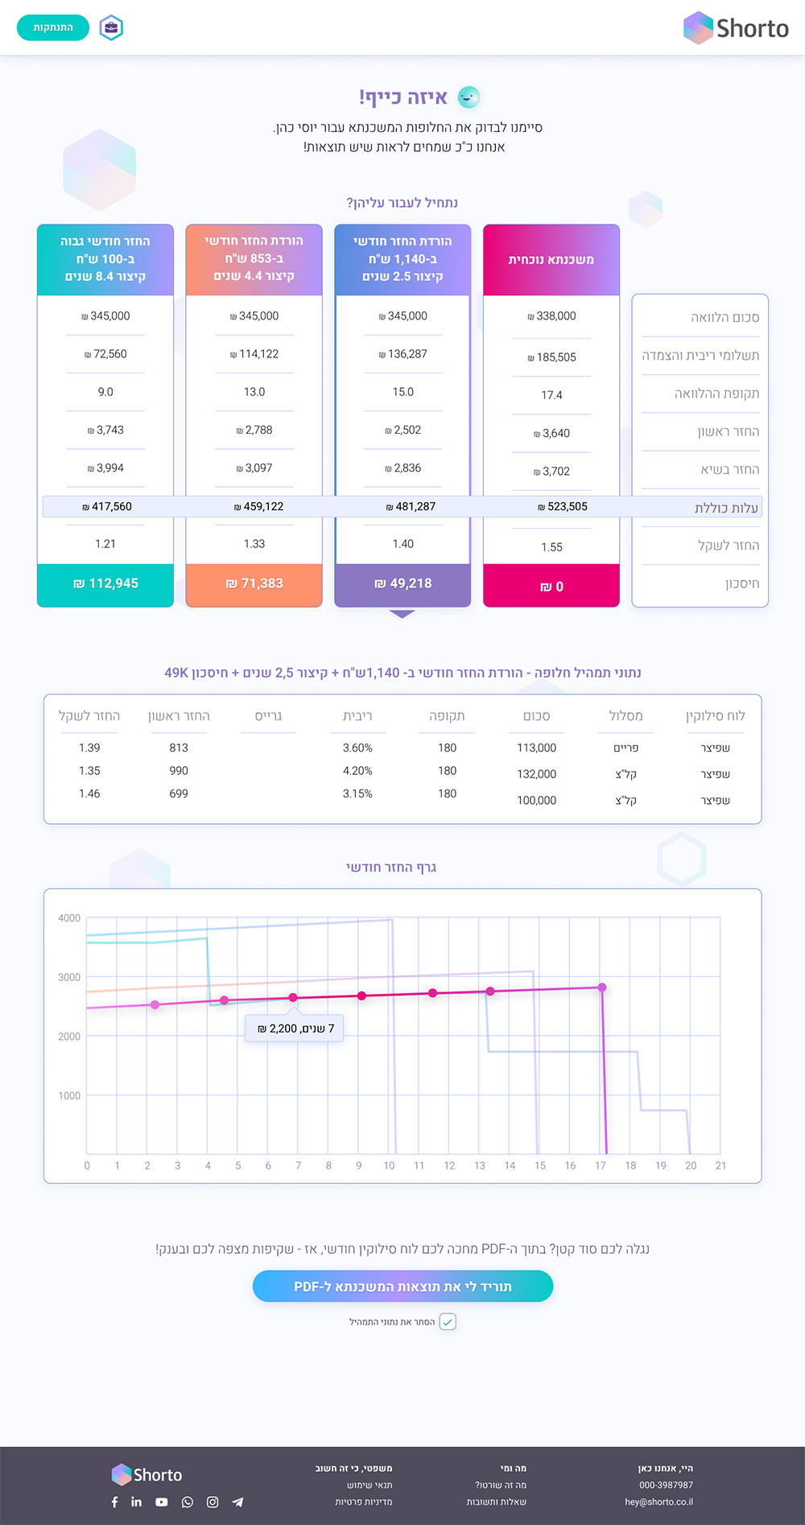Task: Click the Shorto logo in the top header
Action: [736, 28]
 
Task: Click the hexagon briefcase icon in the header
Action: [111, 28]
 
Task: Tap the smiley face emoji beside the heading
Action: [469, 97]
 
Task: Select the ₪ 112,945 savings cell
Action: [105, 583]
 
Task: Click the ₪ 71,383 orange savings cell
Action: [254, 583]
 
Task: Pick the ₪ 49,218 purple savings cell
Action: [402, 583]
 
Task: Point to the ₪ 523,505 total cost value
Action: [563, 506]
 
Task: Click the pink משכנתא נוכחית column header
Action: [551, 259]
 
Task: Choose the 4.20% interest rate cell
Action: [357, 771]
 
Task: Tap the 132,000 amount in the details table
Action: [537, 774]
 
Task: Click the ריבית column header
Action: [357, 716]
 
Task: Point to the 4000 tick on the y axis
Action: [69, 918]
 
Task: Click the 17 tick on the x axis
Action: [601, 1165]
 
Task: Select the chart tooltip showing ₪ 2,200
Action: [295, 1028]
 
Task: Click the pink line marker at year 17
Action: [601, 987]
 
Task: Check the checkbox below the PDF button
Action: [448, 1321]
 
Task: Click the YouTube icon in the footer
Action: [162, 1502]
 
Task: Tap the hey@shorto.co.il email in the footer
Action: [658, 1502]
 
